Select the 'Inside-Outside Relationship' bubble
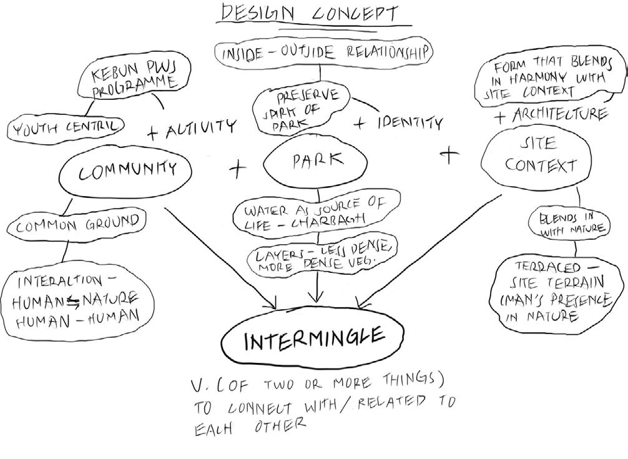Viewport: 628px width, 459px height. (322, 53)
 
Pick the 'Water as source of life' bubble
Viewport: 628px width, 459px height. (315, 213)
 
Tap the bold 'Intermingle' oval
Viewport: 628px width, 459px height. (312, 340)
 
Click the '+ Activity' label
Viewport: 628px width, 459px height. (191, 129)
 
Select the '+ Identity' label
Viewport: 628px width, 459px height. (398, 122)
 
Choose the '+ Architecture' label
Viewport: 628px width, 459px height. (549, 116)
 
